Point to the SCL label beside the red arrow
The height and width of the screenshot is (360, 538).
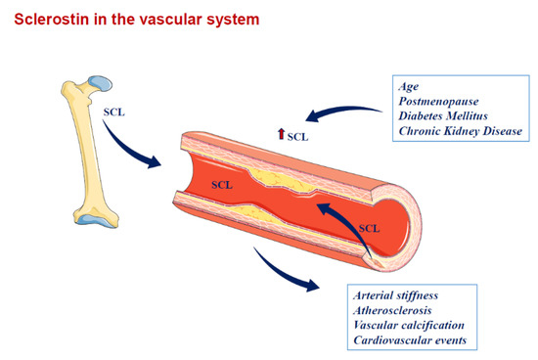pyautogui.click(x=297, y=137)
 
